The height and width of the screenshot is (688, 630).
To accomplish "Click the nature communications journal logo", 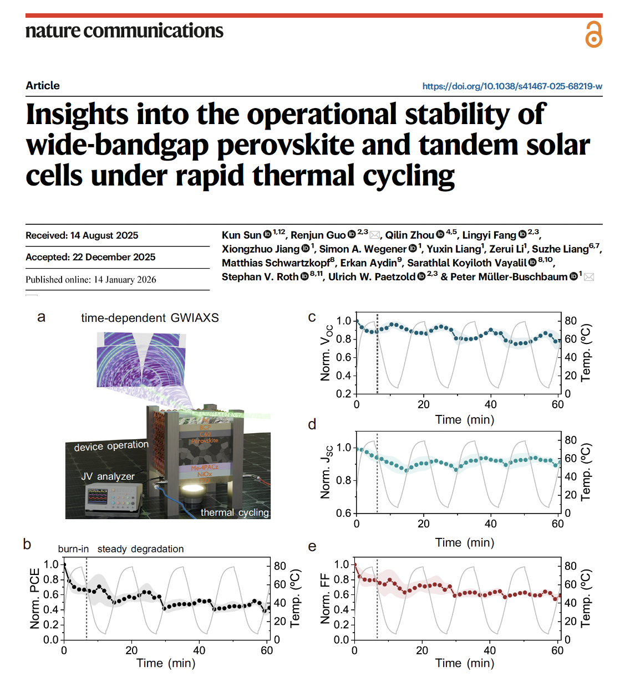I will click(x=124, y=31).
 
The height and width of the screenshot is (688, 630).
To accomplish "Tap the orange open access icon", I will click(x=593, y=34).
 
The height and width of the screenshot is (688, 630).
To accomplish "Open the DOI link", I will click(x=512, y=86).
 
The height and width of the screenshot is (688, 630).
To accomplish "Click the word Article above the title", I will click(x=43, y=85).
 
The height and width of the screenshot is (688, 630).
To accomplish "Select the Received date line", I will click(x=82, y=235).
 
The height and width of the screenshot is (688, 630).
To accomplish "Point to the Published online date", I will click(x=91, y=279).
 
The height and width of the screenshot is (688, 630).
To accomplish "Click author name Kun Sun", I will click(x=241, y=235).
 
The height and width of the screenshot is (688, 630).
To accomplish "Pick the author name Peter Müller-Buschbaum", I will click(x=509, y=277).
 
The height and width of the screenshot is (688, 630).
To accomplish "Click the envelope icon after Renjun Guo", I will click(x=375, y=235).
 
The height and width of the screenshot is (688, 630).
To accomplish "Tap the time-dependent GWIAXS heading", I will click(x=150, y=318).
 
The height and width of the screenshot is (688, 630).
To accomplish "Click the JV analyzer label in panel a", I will click(x=108, y=476).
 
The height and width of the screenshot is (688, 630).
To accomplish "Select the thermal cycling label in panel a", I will click(x=235, y=512).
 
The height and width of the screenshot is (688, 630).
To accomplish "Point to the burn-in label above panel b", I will click(x=73, y=549).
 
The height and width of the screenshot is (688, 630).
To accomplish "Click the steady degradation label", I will click(x=140, y=549).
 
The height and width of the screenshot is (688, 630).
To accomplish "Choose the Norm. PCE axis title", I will click(x=35, y=598).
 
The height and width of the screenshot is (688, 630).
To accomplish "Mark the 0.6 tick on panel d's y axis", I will click(x=344, y=514).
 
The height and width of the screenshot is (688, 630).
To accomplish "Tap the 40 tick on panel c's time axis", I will click(x=491, y=404).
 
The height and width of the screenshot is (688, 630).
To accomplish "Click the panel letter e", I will click(x=312, y=547).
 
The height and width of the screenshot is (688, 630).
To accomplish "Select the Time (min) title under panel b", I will click(x=166, y=663).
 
